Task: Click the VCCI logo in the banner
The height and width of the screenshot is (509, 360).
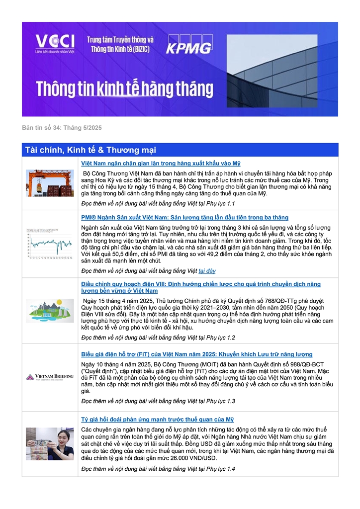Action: [x=55, y=44]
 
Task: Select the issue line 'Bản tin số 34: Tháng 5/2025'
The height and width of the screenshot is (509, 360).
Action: [x=62, y=128]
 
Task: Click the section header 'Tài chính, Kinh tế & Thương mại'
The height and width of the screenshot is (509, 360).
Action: [x=90, y=150]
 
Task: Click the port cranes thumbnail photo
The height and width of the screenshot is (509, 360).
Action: [x=50, y=183]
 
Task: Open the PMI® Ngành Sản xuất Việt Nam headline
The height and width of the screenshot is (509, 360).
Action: [x=184, y=217]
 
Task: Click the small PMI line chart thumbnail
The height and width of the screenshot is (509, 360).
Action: [x=50, y=244]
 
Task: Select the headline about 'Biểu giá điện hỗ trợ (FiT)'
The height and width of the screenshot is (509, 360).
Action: [x=197, y=354]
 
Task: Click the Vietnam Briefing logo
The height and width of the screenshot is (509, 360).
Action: [x=50, y=377]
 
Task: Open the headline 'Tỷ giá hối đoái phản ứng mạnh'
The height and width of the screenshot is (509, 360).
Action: [x=157, y=420]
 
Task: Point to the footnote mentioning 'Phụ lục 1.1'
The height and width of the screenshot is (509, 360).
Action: [x=158, y=204]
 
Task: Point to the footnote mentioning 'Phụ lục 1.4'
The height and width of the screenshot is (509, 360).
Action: [x=158, y=469]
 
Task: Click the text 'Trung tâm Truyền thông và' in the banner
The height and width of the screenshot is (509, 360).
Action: [x=120, y=39]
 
